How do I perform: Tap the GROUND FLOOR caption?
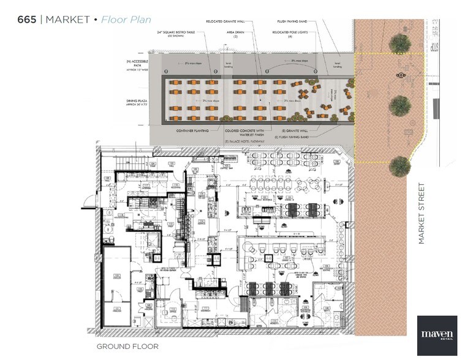[x=127, y=347]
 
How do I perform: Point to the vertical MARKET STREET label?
[x=422, y=212]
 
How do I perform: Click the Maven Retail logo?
[x=437, y=335]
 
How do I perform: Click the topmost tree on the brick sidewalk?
[x=399, y=42]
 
